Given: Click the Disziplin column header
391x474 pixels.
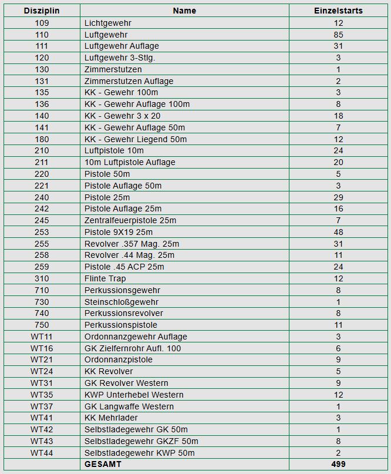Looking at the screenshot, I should [42, 11].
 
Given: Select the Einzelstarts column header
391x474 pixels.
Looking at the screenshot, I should [338, 11].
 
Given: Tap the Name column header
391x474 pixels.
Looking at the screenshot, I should [184, 11].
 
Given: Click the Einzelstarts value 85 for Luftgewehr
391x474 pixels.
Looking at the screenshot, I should [338, 35].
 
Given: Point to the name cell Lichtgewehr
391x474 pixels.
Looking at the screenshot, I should [108, 23].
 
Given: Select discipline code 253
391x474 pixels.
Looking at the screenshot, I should [42, 232].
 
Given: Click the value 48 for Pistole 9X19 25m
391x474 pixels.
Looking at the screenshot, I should [338, 232].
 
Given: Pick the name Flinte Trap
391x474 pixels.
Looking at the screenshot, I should [105, 278].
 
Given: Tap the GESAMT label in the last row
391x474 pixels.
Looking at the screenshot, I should [103, 464].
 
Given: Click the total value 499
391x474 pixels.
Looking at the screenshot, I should [338, 464].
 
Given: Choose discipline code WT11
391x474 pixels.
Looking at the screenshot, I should [42, 337].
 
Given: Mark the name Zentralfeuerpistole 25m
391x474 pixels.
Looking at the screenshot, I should [130, 220].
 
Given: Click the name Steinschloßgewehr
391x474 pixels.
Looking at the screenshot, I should [122, 302].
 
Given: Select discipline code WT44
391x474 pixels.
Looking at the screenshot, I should [42, 453].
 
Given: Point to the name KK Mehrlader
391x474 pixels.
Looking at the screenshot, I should [111, 418].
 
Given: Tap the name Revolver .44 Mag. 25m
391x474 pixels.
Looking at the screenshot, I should [129, 255].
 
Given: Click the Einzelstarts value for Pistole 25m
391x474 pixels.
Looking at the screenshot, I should [338, 197].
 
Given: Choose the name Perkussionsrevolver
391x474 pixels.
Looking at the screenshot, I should [124, 313].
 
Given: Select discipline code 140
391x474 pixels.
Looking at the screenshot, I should [42, 116].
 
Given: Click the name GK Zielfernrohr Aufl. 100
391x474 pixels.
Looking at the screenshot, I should [133, 348].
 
